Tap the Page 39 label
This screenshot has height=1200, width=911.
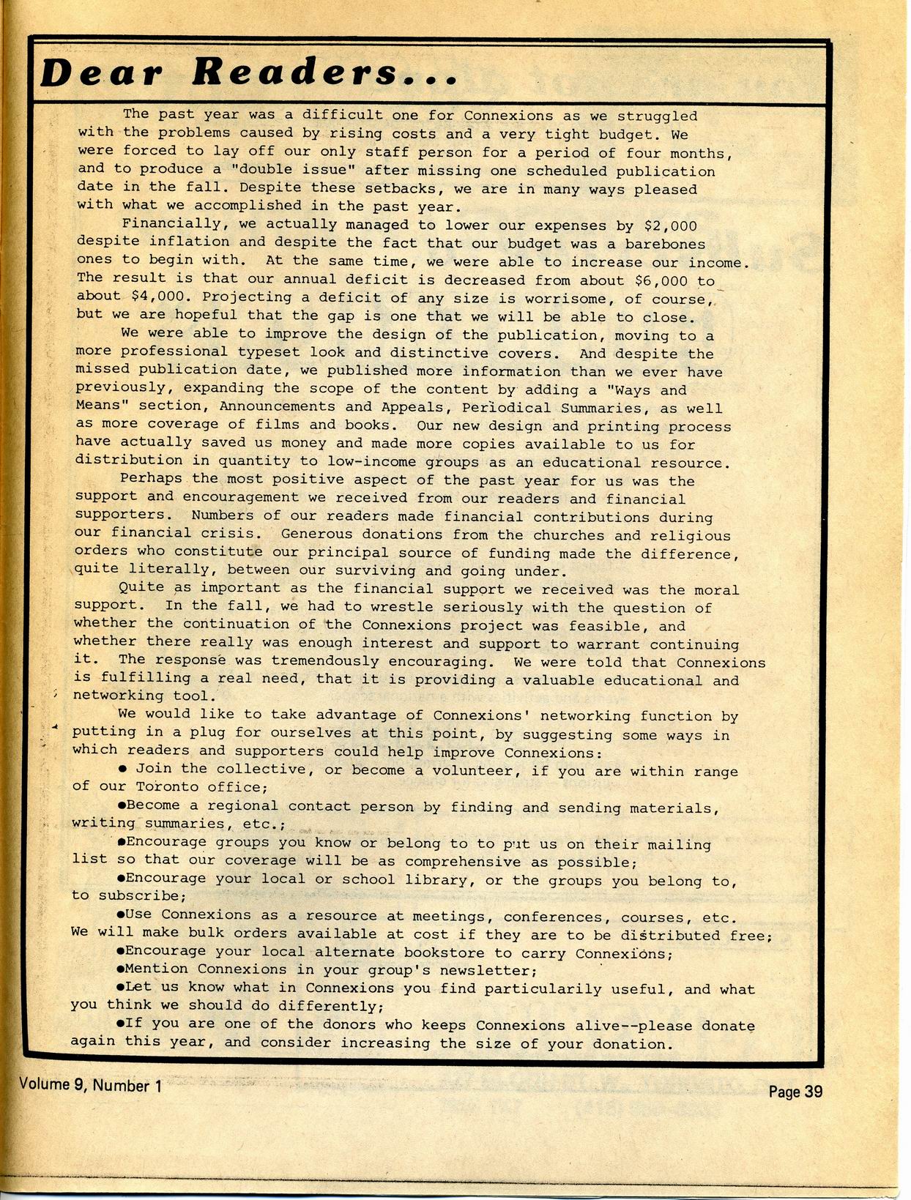point(795,1092)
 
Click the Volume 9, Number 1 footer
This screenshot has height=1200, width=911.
point(91,1085)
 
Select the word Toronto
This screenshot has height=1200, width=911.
point(167,787)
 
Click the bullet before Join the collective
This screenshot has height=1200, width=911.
point(123,769)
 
